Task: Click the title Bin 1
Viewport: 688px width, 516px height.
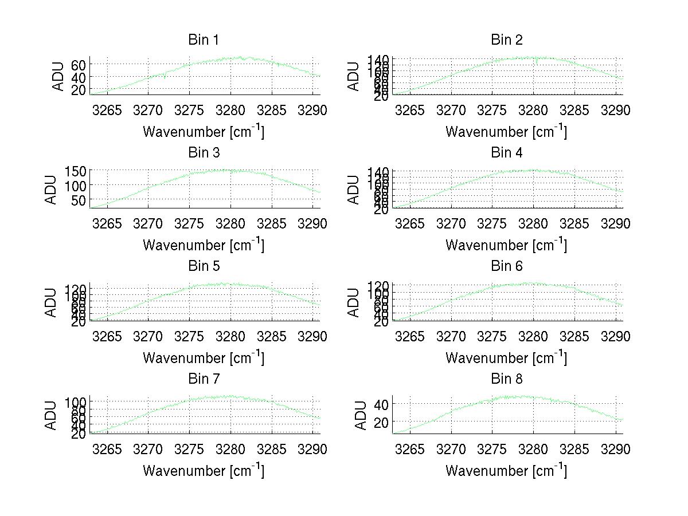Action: coord(204,40)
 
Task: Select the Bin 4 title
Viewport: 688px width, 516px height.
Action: coord(507,153)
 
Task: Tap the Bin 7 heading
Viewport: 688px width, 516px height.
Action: coord(204,379)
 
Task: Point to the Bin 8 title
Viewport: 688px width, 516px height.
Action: coord(507,379)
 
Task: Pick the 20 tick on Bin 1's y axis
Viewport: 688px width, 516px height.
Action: coord(79,90)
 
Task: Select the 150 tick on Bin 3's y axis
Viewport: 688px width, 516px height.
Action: coord(75,171)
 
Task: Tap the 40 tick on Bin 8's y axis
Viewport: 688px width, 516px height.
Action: coord(381,404)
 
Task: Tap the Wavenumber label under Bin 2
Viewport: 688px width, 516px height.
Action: coord(506,132)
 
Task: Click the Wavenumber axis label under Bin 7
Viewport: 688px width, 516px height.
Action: coord(204,471)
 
